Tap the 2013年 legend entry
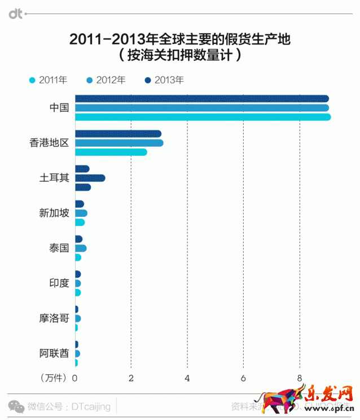click(x=164, y=80)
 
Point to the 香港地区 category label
click(x=49, y=143)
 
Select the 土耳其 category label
click(x=54, y=178)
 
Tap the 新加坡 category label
click(x=54, y=213)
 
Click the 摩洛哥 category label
click(x=54, y=318)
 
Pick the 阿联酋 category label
click(x=54, y=353)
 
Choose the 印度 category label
click(x=59, y=283)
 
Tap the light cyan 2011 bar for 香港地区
click(x=110, y=152)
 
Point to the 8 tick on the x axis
click(x=299, y=378)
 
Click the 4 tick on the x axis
click(x=187, y=378)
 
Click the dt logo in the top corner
click(x=15, y=12)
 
